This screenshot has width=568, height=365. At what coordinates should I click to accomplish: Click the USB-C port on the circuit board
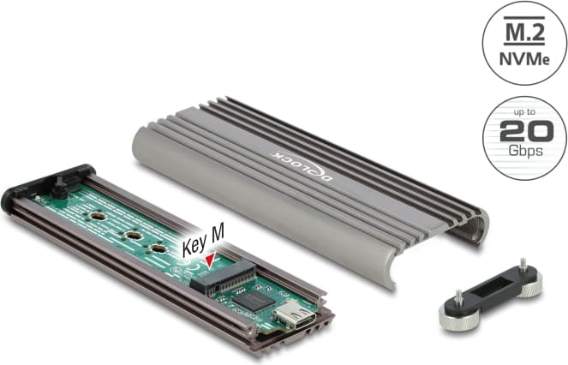(295, 314)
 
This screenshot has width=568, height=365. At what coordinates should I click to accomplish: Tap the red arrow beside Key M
(211, 260)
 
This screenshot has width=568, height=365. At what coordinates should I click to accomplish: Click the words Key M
(203, 239)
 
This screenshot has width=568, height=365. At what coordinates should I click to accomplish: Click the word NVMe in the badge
(523, 59)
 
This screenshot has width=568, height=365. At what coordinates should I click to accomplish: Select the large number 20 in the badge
(526, 131)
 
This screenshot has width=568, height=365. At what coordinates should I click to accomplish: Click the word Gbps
(526, 151)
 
